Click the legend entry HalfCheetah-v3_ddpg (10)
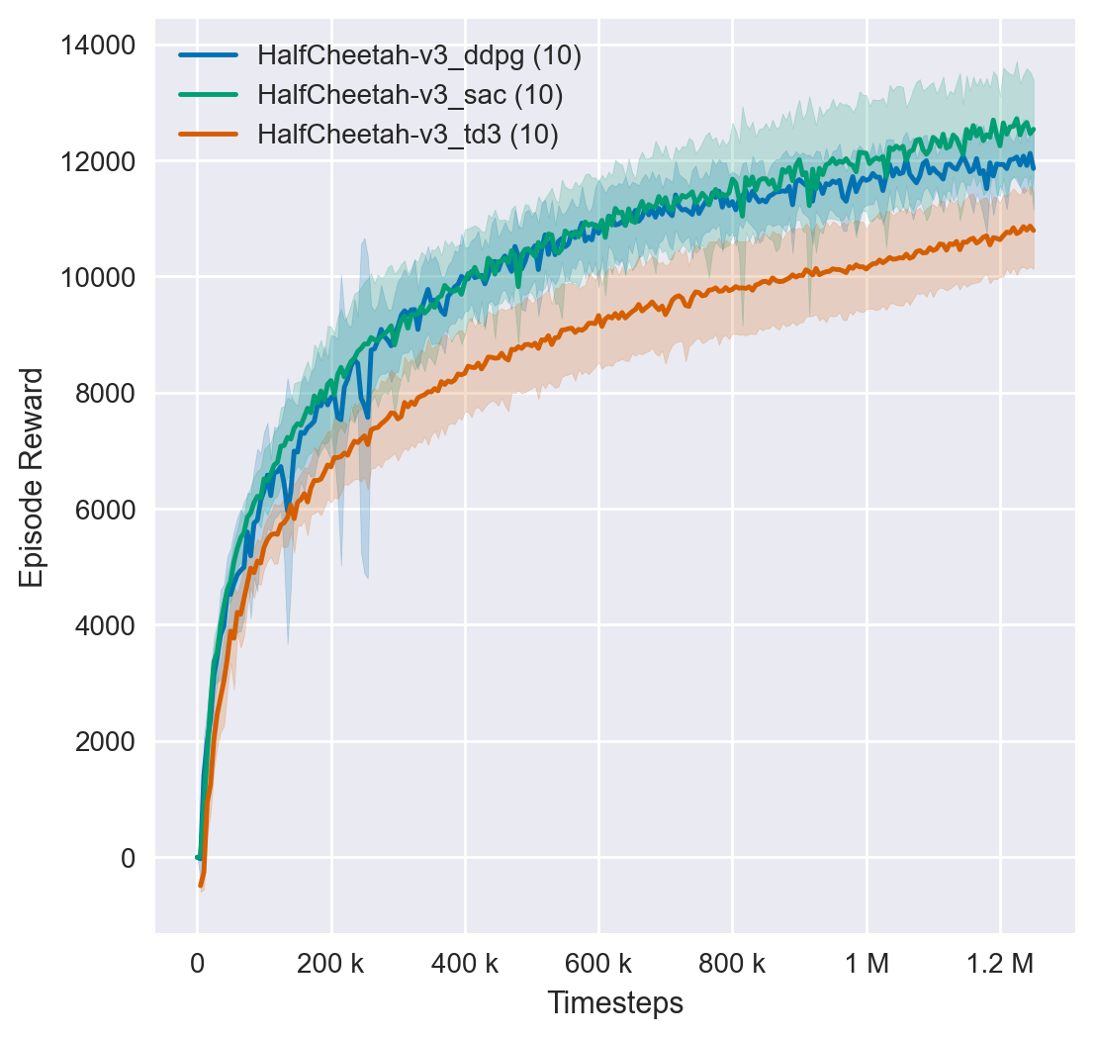pos(418,55)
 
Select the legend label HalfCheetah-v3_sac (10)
pos(410,95)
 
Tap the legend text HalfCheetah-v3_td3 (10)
pos(408,135)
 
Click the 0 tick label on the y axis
pos(127,858)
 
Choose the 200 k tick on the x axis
pos(331,962)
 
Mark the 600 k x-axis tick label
pos(598,962)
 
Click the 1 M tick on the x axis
pos(867,962)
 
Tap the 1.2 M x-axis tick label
pos(1000,962)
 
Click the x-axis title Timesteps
pos(615,1003)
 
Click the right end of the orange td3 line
pos(1034,229)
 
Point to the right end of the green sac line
pos(1034,129)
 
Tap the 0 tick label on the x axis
pos(198,962)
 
